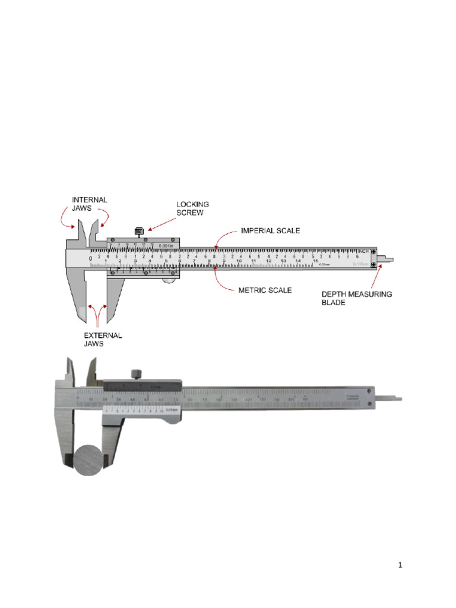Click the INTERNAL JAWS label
[90, 204]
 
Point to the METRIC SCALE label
[265, 290]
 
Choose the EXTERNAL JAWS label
[102, 340]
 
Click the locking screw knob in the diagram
[140, 231]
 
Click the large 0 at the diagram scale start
[90, 259]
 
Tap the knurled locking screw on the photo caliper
[136, 373]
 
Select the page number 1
[400, 566]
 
